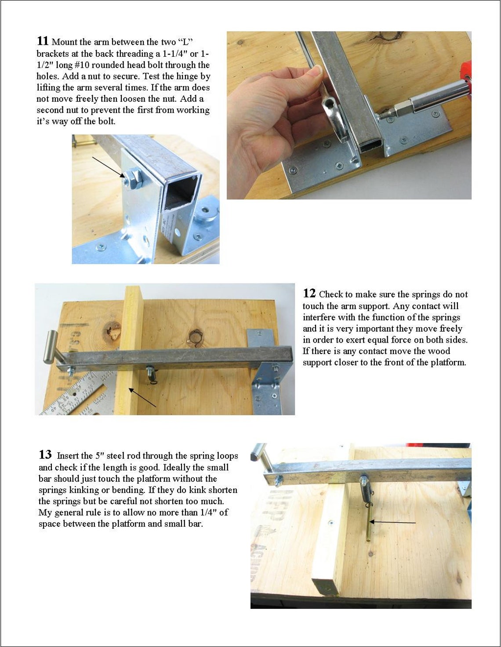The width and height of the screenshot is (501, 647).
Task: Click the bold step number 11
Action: pyautogui.click(x=43, y=41)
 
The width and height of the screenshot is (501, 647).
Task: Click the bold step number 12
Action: pyautogui.click(x=309, y=293)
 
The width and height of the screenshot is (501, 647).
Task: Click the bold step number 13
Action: pyautogui.click(x=45, y=455)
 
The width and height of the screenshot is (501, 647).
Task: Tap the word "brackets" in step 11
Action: pyautogui.click(x=51, y=54)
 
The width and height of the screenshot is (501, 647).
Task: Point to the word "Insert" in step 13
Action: pyautogui.click(x=69, y=456)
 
